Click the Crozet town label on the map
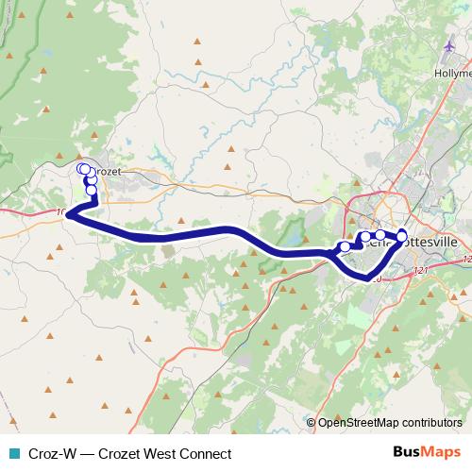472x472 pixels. point(107,172)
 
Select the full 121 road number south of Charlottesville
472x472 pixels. point(420,271)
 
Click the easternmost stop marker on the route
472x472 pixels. point(401,236)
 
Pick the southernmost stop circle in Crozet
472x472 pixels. point(92,191)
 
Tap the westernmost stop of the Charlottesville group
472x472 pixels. point(345,246)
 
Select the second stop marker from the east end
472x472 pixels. point(380,234)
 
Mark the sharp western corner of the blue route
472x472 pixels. point(68,216)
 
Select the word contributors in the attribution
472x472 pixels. point(430,424)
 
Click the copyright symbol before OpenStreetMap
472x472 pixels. point(312,424)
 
